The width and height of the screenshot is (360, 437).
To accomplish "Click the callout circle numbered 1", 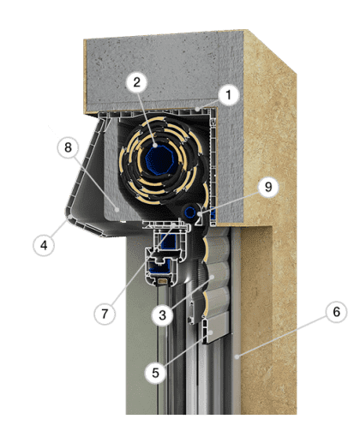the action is click(228, 95).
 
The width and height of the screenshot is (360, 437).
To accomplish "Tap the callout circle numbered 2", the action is click(137, 82).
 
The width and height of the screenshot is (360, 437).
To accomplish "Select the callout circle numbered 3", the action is click(162, 315).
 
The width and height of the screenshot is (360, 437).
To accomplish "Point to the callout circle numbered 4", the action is click(44, 245).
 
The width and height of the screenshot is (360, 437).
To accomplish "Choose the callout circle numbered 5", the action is click(155, 373).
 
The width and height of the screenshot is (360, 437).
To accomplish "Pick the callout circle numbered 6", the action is click(337, 312).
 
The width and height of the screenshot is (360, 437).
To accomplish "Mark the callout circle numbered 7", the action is click(105, 314).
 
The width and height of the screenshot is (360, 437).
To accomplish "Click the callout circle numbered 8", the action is click(68, 147).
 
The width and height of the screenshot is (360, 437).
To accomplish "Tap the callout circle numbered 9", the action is click(268, 187).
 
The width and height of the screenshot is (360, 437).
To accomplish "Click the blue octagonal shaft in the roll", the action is click(158, 160).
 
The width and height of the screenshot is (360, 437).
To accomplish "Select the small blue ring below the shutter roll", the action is click(189, 213).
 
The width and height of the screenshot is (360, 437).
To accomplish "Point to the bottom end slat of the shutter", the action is click(216, 328).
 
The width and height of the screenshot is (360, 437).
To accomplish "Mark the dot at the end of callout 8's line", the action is click(117, 209).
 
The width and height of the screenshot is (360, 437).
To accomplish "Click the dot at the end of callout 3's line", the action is click(212, 277).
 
